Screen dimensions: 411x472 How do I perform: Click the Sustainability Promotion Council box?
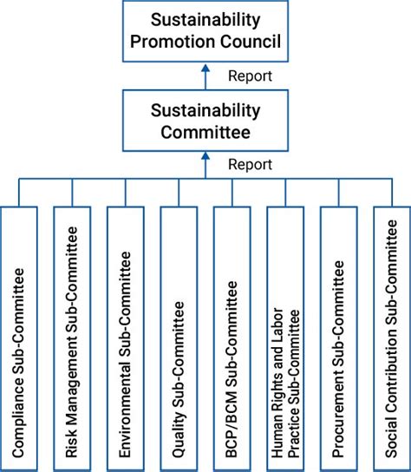205,31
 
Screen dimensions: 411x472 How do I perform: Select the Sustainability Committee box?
205,121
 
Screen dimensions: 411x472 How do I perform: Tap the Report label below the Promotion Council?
250,76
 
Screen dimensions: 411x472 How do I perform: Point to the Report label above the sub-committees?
250,165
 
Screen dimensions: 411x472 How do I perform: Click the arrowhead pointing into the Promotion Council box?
205,68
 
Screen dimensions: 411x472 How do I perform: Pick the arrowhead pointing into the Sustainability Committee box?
205,156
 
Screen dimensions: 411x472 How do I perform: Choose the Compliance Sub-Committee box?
19,338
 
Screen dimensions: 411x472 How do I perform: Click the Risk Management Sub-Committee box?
72,338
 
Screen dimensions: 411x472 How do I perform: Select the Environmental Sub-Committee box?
126,338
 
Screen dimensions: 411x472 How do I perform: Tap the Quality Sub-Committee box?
179,338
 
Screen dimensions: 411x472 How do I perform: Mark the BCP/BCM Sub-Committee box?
232,338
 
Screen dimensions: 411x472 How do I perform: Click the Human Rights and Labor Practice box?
285,338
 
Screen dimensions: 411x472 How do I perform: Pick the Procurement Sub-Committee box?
339,338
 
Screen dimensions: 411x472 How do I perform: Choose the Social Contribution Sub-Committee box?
392,338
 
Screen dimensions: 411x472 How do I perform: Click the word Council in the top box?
251,42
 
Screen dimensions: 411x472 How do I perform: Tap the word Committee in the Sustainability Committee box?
205,132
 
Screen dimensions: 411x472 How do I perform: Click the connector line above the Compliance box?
19,193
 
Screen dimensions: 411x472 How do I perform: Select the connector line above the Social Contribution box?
392,193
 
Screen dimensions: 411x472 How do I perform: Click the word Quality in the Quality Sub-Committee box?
179,434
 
